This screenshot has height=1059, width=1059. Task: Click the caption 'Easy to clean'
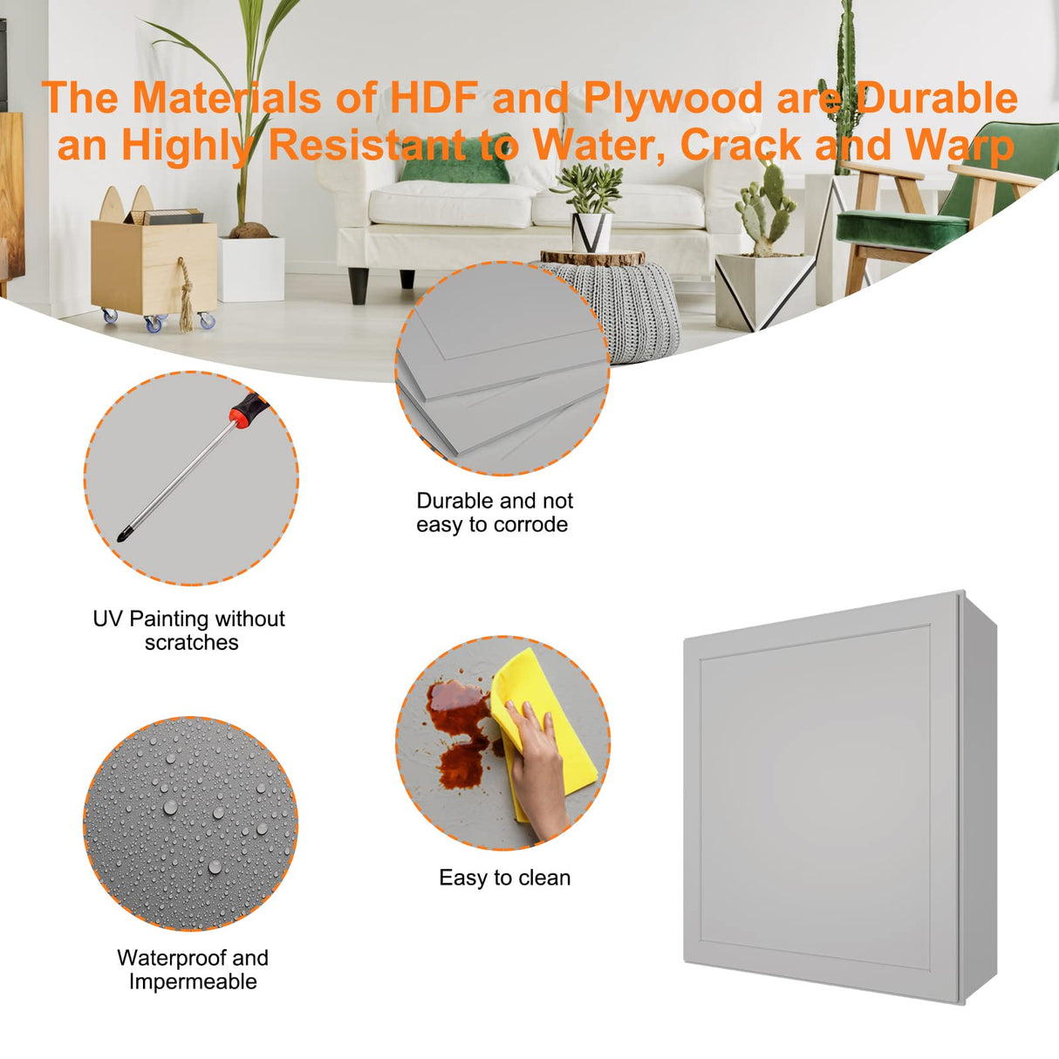coord(504,878)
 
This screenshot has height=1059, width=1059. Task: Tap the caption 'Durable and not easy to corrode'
coord(494,512)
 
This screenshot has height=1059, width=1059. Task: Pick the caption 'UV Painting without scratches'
coord(189,631)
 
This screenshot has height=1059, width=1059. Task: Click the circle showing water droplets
coord(191,823)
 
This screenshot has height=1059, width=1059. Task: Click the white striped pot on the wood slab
coord(591,232)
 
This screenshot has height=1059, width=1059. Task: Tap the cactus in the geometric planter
coord(766,208)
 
